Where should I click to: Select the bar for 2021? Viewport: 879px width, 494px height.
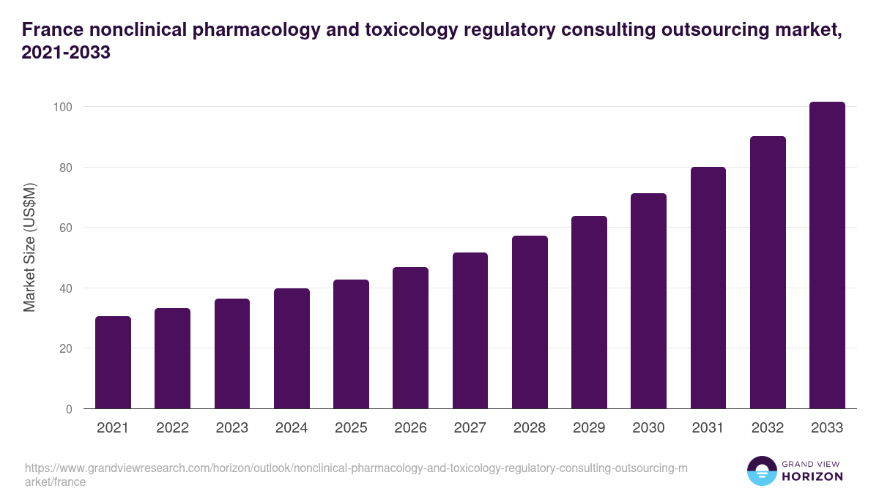click(x=113, y=362)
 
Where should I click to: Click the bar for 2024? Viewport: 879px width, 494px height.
click(x=292, y=348)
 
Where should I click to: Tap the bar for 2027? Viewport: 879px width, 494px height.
click(x=470, y=331)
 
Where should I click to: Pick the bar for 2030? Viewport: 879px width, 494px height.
click(x=649, y=301)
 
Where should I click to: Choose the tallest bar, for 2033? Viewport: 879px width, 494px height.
click(x=827, y=255)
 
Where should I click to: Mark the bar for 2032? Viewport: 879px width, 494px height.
click(x=768, y=272)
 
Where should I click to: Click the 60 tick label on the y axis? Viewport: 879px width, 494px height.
click(x=65, y=228)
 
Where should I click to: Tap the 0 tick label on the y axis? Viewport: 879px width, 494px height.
click(x=69, y=409)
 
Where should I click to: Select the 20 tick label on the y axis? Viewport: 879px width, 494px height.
click(x=65, y=348)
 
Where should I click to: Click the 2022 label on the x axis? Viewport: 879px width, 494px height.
click(x=172, y=428)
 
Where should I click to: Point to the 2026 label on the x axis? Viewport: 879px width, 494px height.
click(x=410, y=428)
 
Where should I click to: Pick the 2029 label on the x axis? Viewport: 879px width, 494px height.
click(x=589, y=428)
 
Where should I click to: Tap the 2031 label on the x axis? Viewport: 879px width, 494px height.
click(x=708, y=428)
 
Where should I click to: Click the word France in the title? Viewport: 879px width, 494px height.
click(x=50, y=30)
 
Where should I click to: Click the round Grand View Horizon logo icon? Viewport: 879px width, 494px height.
click(x=762, y=471)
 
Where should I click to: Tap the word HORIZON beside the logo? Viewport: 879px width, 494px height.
click(x=812, y=476)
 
